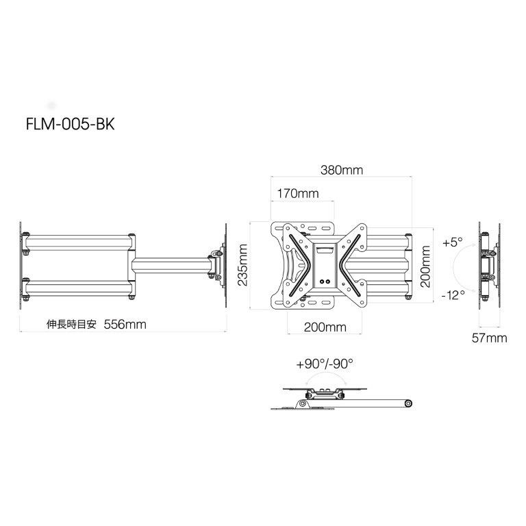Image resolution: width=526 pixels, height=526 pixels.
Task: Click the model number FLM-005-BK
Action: coord(70,124)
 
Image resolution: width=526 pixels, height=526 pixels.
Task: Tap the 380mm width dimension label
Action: coord(342,170)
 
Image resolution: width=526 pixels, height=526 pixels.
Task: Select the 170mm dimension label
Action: coord(297,194)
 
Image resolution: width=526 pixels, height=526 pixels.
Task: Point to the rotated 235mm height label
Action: coord(242,265)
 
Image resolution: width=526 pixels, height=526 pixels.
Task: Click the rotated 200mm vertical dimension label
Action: coord(425,266)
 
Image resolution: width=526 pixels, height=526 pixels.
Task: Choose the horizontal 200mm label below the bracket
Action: coord(325,327)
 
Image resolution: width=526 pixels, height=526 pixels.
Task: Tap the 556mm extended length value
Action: coord(125,325)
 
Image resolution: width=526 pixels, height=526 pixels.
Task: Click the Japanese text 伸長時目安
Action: coord(71,325)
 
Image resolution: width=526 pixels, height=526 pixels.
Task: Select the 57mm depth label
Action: coord(490,338)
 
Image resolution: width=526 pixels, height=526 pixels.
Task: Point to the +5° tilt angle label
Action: coord(453,242)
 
